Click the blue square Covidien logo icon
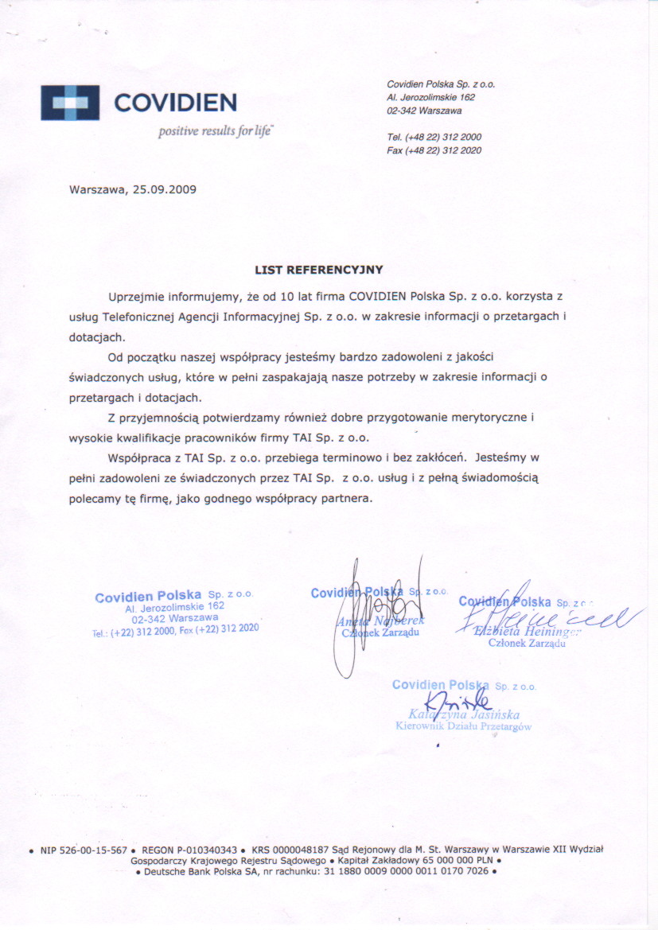(x=70, y=103)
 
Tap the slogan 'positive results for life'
(x=215, y=131)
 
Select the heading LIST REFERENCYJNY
(x=318, y=270)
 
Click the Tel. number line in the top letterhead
(x=434, y=137)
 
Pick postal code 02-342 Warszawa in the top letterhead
(x=424, y=111)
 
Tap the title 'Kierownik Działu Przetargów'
(x=463, y=726)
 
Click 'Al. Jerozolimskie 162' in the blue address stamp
(x=175, y=606)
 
